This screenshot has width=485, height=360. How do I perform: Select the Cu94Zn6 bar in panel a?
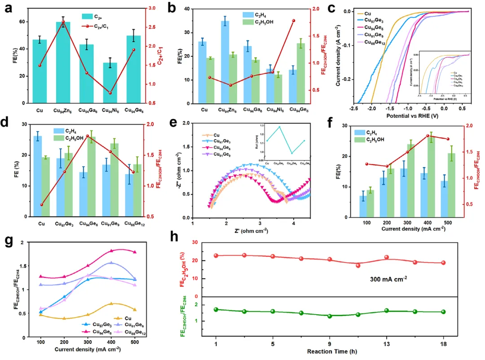(x=63, y=63)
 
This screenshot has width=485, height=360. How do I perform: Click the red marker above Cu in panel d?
(x=41, y=205)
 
